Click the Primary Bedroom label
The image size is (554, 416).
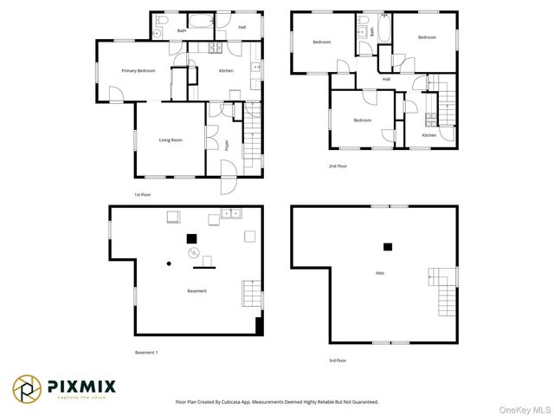[138, 71]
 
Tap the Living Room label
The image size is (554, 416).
[171, 140]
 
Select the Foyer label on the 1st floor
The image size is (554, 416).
[227, 146]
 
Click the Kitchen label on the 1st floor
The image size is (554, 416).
[225, 71]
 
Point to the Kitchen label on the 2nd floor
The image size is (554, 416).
[429, 135]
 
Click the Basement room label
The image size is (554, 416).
[196, 291]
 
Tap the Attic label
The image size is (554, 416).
[379, 273]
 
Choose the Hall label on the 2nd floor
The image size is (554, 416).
[386, 80]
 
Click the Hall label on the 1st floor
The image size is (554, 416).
[242, 28]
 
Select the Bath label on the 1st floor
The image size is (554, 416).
[182, 31]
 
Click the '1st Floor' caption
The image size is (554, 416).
[143, 196]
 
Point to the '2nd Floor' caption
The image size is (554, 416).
[338, 166]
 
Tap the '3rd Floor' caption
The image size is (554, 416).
[338, 360]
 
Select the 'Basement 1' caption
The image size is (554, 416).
[145, 353]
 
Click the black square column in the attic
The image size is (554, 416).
[388, 247]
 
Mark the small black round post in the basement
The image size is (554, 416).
[169, 263]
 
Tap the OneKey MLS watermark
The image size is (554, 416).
[525, 408]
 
